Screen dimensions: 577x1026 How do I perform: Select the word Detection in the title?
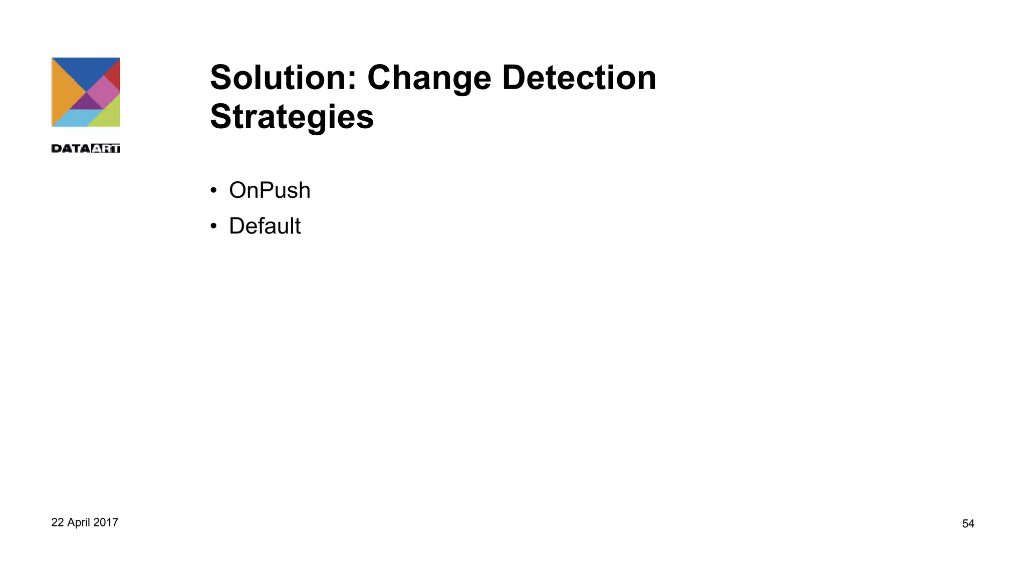(579, 78)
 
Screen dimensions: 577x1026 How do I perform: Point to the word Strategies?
(292, 117)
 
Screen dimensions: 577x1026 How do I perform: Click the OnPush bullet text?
(270, 190)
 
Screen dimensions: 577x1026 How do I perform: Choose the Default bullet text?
(265, 226)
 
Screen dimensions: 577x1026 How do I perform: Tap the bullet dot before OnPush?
(214, 190)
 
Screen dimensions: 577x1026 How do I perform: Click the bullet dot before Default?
(214, 226)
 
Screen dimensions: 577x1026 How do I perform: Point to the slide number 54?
(968, 523)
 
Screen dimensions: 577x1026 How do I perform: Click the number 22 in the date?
(57, 522)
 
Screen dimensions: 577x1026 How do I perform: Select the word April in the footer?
(78, 522)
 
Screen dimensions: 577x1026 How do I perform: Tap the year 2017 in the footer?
(106, 522)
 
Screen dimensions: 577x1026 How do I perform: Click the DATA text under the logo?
(71, 148)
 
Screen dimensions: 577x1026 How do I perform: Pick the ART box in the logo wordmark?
(106, 148)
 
